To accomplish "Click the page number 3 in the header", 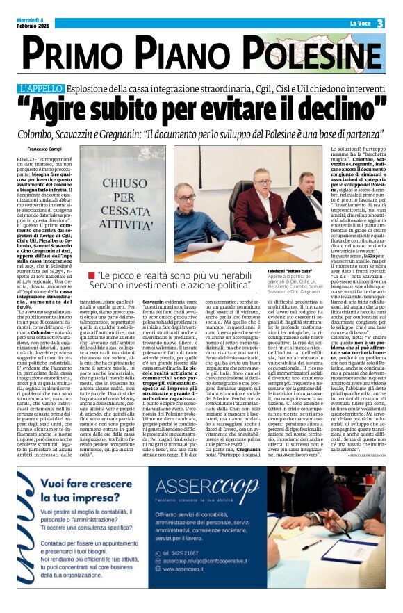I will tap(381, 23).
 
